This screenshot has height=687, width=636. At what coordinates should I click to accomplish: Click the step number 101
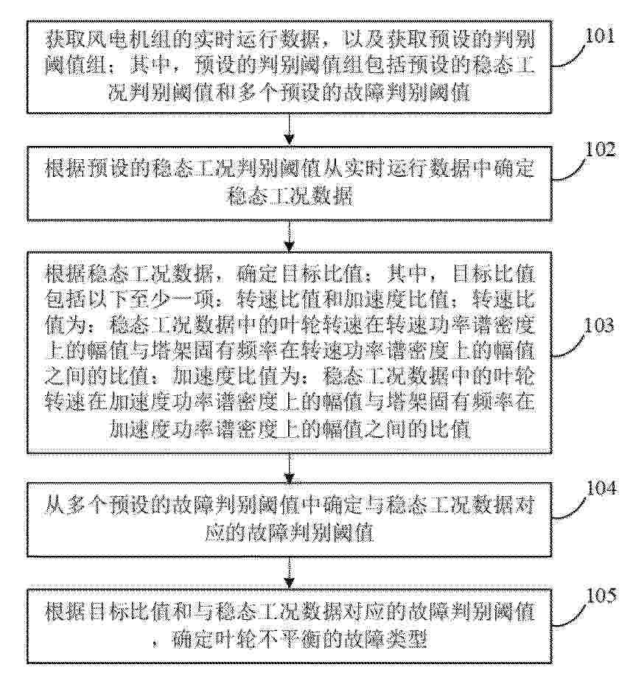(599, 36)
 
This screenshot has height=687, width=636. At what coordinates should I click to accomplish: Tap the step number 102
(600, 150)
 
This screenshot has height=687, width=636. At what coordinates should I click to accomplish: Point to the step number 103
(599, 326)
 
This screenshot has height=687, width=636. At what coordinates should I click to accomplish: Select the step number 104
(601, 489)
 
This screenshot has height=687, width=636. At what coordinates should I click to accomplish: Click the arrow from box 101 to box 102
(289, 129)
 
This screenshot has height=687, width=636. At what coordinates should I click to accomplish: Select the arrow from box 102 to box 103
(289, 236)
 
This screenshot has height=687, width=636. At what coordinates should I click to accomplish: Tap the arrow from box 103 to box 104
(289, 468)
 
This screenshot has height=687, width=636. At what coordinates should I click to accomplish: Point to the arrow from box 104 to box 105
(289, 573)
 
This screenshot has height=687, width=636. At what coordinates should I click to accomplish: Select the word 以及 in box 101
(365, 41)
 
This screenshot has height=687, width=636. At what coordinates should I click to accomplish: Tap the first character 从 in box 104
(55, 506)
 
